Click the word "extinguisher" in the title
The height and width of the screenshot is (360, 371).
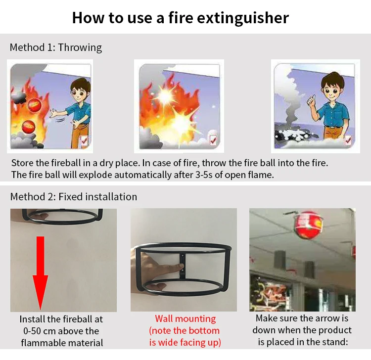click(243, 18)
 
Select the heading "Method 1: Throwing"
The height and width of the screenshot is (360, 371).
click(56, 47)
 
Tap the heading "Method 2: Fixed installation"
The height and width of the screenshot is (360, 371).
click(74, 196)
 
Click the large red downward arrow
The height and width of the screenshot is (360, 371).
click(41, 273)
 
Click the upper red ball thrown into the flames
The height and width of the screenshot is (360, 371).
click(35, 104)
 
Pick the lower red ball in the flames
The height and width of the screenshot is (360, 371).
click(29, 127)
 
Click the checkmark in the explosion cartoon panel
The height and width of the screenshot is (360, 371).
click(213, 140)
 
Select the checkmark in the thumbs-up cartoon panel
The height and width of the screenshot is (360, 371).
click(348, 140)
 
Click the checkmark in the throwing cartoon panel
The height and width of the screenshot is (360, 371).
click(84, 140)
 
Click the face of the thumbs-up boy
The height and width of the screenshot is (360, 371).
click(332, 90)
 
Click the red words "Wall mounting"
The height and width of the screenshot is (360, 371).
click(185, 318)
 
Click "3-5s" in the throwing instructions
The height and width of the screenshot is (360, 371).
click(204, 175)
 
